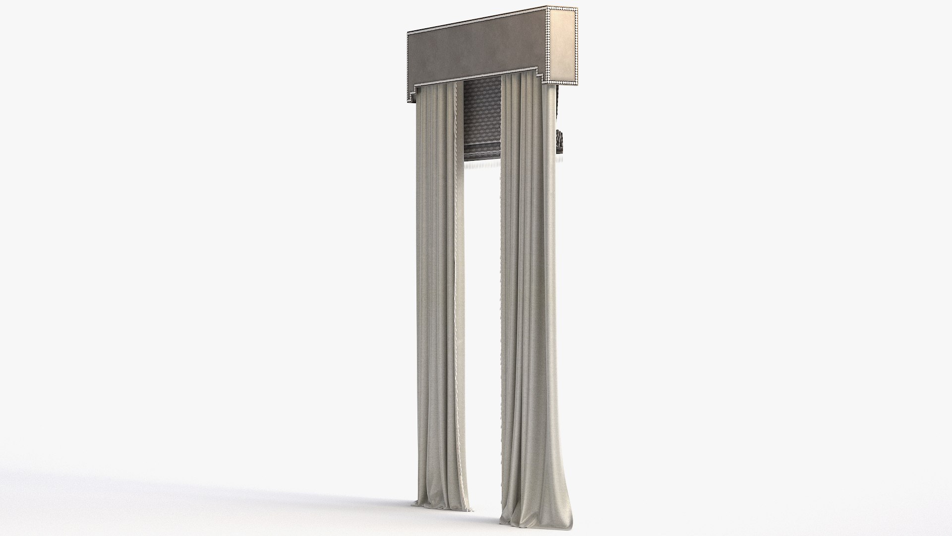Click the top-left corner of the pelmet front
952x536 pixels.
409,33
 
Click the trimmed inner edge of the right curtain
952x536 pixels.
504,298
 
